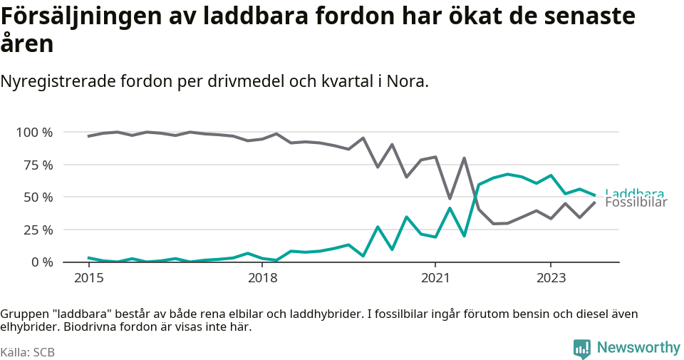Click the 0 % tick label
pyautogui.click(x=41, y=262)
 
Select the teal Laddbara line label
pyautogui.click(x=634, y=193)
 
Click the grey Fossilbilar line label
pyautogui.click(x=636, y=202)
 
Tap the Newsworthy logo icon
pyautogui.click(x=581, y=349)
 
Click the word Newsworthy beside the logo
pyautogui.click(x=638, y=348)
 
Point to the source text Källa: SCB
pyautogui.click(x=28, y=352)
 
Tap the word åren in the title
pyautogui.click(x=27, y=44)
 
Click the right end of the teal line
pyautogui.click(x=595, y=195)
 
